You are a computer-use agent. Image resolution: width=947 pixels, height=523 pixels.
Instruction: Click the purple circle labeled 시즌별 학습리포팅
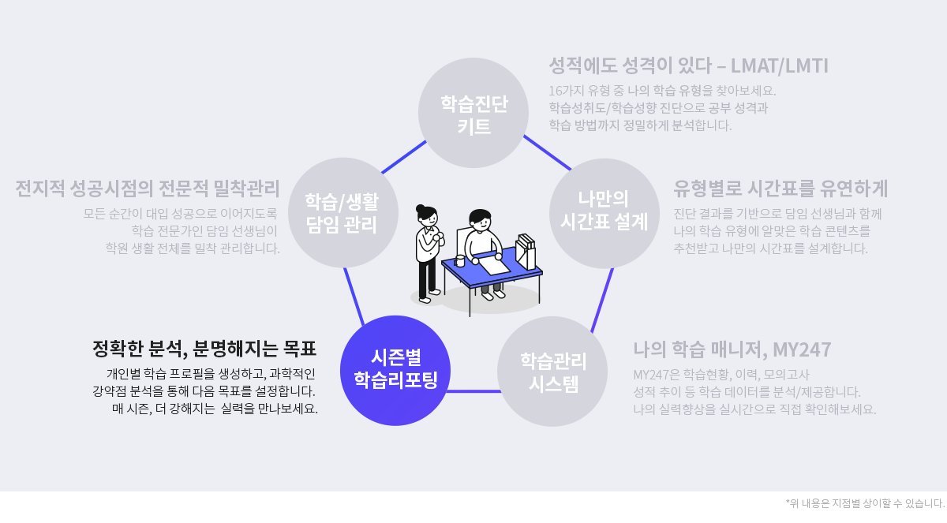(x=395, y=371)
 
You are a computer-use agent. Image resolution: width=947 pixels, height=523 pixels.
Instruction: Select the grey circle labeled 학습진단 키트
(x=473, y=113)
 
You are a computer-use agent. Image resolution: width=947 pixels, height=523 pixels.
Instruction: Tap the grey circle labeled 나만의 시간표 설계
(x=605, y=213)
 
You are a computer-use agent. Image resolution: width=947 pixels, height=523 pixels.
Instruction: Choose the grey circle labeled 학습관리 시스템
(x=552, y=372)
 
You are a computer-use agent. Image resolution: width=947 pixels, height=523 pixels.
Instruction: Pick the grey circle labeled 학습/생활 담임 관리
(x=343, y=212)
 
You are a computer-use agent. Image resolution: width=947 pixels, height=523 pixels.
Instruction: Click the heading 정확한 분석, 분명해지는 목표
(x=204, y=349)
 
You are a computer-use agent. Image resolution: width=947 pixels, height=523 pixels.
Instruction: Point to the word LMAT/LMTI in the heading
(x=779, y=66)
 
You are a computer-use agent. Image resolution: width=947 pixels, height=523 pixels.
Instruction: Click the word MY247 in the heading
(x=802, y=349)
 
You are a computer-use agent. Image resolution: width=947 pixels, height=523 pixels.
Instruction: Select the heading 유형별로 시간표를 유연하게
(x=780, y=189)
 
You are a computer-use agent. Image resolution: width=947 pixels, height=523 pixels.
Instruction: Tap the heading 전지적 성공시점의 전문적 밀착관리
(x=148, y=189)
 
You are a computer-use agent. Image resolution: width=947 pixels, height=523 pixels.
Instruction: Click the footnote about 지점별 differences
(x=865, y=503)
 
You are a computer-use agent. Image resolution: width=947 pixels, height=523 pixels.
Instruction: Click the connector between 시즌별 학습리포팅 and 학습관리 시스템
(x=473, y=391)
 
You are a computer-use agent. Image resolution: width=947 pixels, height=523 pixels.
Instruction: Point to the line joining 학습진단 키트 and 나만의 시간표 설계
(x=548, y=152)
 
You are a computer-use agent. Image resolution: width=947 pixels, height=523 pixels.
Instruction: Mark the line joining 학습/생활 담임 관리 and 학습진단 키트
(x=404, y=157)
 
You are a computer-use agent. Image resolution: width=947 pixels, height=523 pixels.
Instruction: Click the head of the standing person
(x=427, y=217)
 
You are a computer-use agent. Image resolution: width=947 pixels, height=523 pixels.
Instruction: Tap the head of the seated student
(x=481, y=221)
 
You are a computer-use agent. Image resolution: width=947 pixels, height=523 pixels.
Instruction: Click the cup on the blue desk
(x=459, y=260)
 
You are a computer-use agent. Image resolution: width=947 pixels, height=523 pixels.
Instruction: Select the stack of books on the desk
(x=526, y=252)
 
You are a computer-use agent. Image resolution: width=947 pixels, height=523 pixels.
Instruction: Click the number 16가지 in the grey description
(x=567, y=91)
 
